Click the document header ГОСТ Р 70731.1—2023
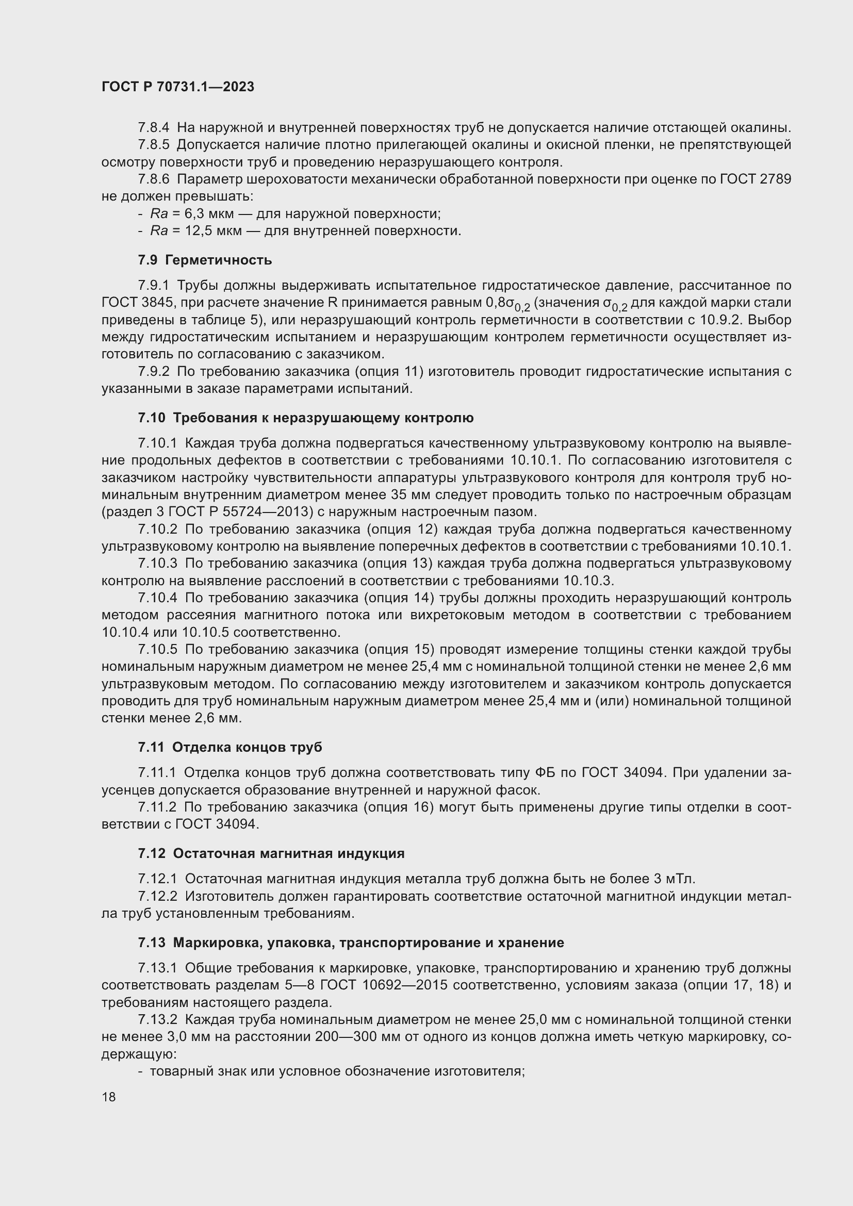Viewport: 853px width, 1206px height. (x=177, y=87)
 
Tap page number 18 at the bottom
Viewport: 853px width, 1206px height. (x=109, y=1097)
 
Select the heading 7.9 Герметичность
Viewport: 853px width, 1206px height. (x=205, y=260)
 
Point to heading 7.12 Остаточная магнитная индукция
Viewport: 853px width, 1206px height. (x=271, y=853)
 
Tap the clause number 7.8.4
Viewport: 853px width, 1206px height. (x=154, y=128)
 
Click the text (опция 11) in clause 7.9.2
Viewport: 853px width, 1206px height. (x=389, y=372)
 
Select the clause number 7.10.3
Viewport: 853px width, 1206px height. (x=158, y=564)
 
